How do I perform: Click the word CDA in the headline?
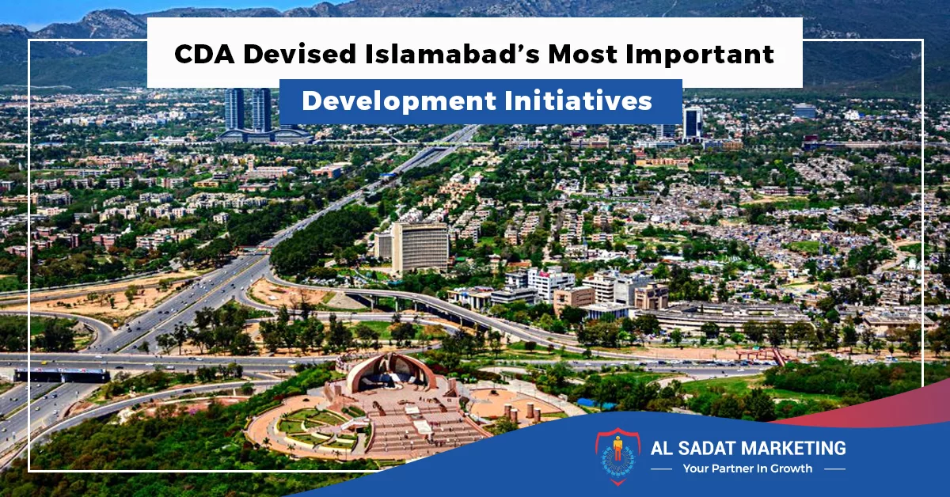201,55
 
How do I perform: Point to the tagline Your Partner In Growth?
747,469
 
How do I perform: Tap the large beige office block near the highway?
420,246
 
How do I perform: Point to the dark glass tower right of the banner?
693,123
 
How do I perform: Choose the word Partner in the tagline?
735,469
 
